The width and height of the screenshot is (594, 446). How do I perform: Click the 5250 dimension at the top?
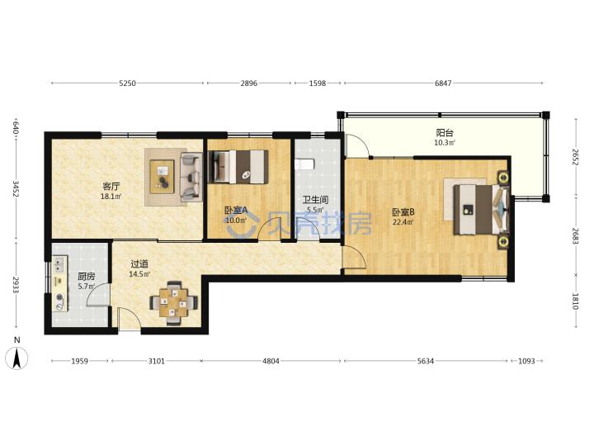click(x=127, y=83)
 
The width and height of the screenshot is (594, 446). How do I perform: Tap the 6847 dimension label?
click(x=443, y=83)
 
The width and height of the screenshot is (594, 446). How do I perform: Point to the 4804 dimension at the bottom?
click(x=271, y=361)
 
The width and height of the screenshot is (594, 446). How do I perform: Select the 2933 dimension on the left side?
click(x=16, y=284)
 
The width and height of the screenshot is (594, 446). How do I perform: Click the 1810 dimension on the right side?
click(x=576, y=301)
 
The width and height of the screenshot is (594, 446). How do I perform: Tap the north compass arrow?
click(x=16, y=358)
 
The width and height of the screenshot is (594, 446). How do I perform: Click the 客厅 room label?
click(x=111, y=187)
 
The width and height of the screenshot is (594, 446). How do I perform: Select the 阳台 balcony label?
click(x=445, y=133)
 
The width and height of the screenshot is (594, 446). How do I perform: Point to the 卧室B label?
click(x=403, y=212)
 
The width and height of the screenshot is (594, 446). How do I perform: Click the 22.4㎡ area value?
click(x=403, y=222)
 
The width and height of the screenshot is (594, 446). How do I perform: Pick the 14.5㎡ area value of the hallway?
click(x=139, y=274)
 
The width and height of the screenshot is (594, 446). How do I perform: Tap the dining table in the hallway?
click(x=173, y=302)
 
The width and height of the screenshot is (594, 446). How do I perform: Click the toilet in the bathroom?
click(x=304, y=164)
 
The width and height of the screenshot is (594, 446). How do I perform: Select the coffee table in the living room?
click(x=163, y=177)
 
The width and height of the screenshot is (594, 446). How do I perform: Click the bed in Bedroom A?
click(x=238, y=167)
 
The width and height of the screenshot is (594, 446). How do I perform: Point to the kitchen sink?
click(x=59, y=265)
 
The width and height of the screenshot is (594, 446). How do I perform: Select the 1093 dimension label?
click(x=526, y=361)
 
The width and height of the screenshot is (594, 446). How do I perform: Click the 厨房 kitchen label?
click(x=87, y=277)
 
